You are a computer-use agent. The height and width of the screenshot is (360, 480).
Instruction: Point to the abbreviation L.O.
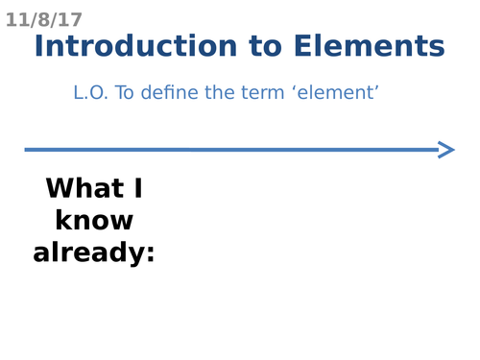pos(91,93)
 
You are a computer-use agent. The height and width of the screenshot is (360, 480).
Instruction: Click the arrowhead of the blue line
pos(446,149)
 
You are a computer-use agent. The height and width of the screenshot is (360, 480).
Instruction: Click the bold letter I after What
pos(139,187)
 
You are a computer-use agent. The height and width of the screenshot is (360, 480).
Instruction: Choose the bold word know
pos(94,221)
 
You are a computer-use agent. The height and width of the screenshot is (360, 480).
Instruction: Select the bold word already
pos(88,253)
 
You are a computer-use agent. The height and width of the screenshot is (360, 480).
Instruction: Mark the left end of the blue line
pos(27,149)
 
